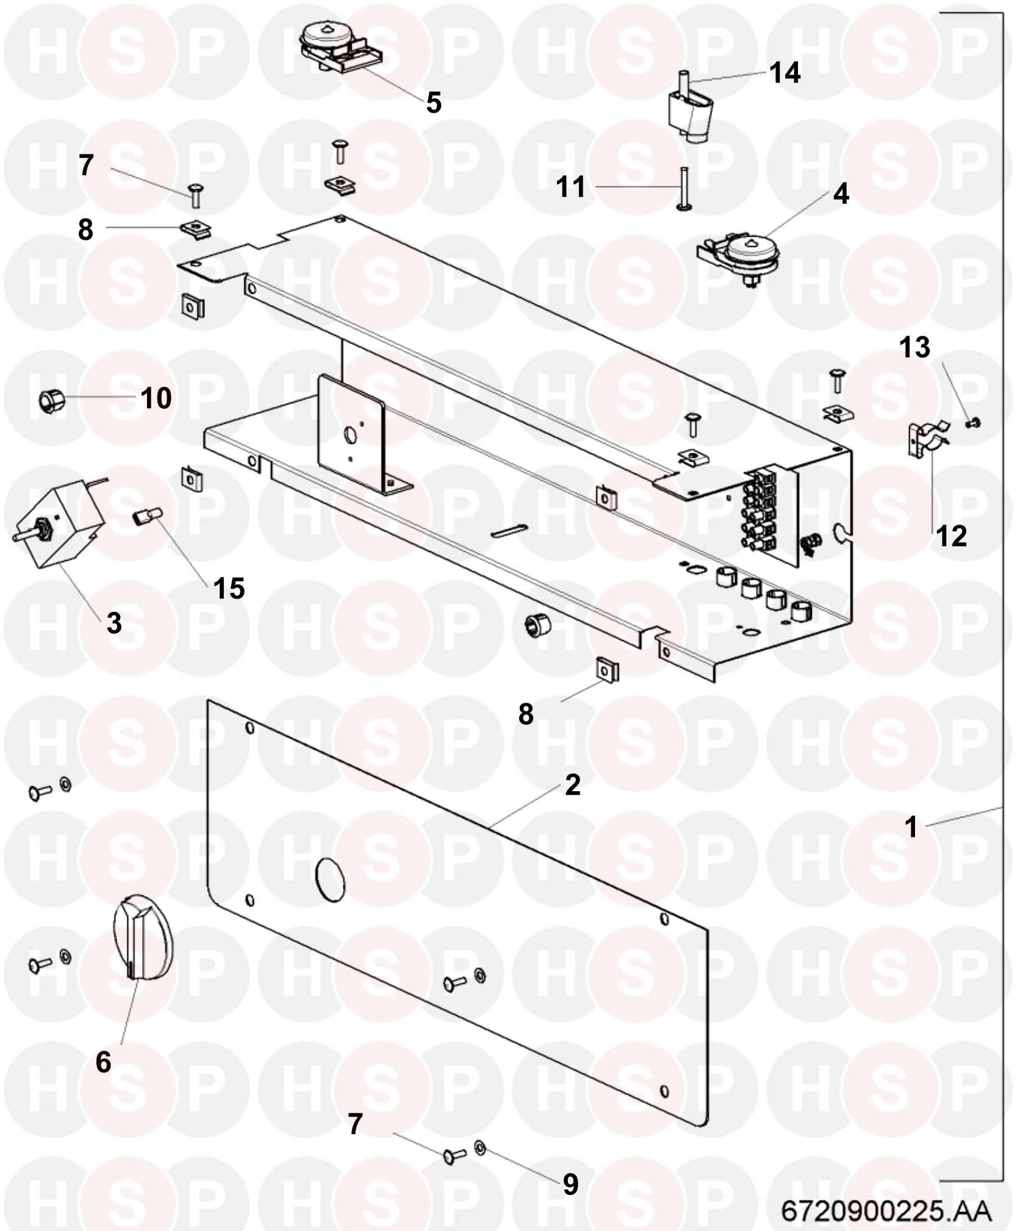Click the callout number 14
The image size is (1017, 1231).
pos(785,73)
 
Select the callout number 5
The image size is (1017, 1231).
pos(433,102)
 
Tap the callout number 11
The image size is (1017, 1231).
pos(571,187)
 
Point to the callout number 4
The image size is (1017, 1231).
pos(841,194)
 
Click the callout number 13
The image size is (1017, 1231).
pos(915,347)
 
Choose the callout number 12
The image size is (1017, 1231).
pos(951,536)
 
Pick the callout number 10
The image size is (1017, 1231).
pos(156,398)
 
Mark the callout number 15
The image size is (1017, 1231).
pos(229,589)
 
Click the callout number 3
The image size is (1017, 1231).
pos(114,623)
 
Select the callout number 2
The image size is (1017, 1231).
pos(572,785)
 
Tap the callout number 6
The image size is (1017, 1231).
pos(104,1062)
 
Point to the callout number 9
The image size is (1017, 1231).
pos(570,1184)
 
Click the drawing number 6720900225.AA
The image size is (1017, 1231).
pos(886,1210)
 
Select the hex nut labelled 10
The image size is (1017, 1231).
pos(48,401)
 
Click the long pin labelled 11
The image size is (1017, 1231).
pos(684,190)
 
